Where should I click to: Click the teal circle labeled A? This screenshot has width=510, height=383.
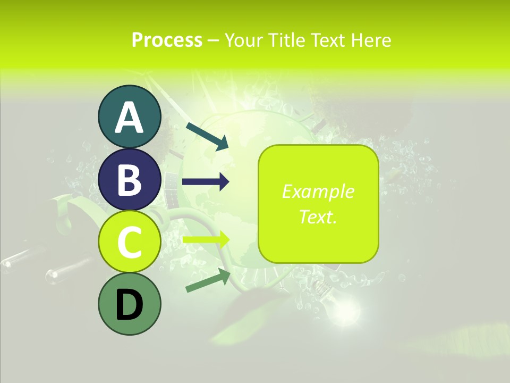[x=129, y=116]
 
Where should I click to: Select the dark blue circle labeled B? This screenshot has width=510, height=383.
[x=129, y=179]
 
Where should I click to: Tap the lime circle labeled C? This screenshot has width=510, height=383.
[x=129, y=242]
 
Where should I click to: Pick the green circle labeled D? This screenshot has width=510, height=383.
[x=129, y=304]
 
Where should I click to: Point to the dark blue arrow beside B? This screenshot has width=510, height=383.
[x=206, y=182]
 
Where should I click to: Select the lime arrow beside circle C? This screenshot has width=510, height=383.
[x=206, y=239]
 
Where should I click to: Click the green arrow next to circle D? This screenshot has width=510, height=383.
[x=208, y=280]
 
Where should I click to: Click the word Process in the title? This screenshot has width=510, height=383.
[x=167, y=40]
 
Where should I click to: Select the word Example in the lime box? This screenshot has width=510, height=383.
[x=318, y=191]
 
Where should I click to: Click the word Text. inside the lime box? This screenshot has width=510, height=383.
[x=318, y=217]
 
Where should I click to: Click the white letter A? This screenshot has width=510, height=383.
[x=129, y=117]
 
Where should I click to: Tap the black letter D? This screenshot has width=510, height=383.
[x=129, y=305]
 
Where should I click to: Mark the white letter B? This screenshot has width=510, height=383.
[x=129, y=180]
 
